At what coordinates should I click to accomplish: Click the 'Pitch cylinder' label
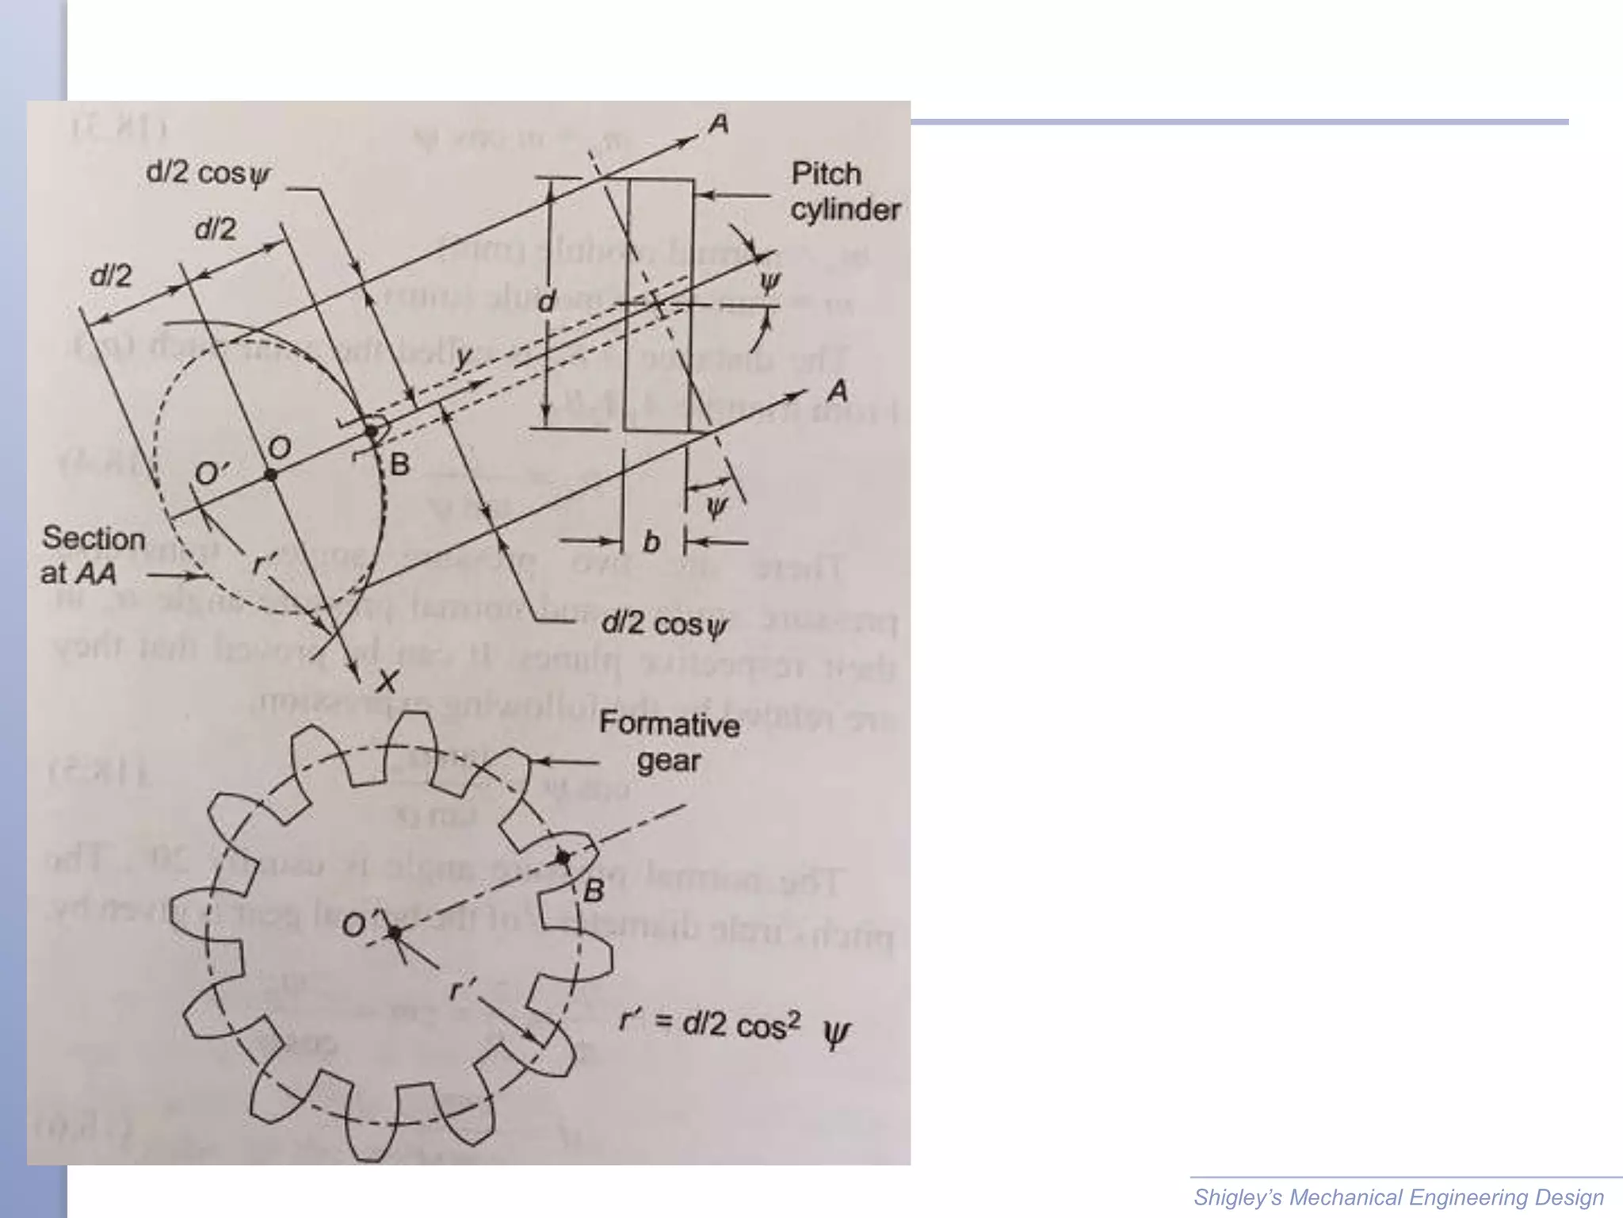point(845,192)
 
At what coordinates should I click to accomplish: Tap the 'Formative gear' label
point(670,742)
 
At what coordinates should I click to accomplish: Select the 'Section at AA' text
point(93,555)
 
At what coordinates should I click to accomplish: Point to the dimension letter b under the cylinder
point(651,542)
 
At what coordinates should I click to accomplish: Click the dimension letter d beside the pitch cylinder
point(547,301)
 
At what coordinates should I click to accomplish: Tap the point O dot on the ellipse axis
point(271,473)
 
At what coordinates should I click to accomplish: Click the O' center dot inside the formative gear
point(394,933)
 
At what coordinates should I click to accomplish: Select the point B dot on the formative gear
point(563,857)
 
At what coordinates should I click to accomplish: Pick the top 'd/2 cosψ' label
point(208,174)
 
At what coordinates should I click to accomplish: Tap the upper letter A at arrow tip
point(718,124)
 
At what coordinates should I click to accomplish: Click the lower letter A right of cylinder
point(837,391)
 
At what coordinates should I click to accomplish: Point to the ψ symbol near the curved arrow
point(769,282)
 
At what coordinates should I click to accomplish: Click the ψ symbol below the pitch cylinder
point(716,506)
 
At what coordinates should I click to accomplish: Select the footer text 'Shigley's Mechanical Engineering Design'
point(1399,1197)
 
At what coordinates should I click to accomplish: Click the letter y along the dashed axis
point(464,358)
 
